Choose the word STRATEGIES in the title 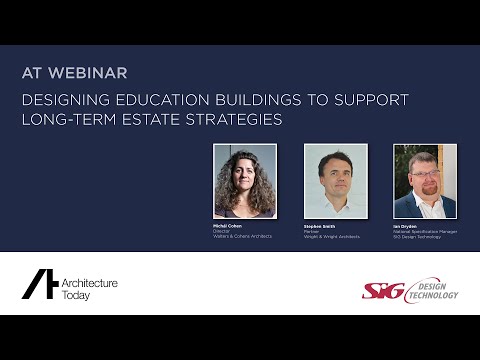pos(235,120)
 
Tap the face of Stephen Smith pos(335,176)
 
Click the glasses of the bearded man pos(424,177)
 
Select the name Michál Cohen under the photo pos(227,227)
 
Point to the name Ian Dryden pos(405,227)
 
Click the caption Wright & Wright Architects pos(332,237)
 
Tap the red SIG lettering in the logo pos(380,290)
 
